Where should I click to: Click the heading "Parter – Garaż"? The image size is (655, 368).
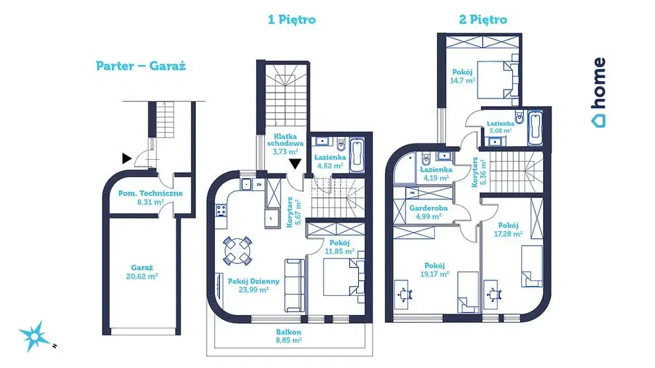tap(140, 66)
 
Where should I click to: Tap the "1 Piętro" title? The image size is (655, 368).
tap(292, 20)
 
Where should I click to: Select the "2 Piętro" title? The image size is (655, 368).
tap(483, 20)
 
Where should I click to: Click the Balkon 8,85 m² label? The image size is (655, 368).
tap(288, 336)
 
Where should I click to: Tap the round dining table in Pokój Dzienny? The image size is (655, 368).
tap(237, 249)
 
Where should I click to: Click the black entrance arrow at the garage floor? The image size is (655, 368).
tap(125, 157)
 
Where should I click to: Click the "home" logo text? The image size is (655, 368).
tap(598, 92)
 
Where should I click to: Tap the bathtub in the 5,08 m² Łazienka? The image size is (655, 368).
tap(535, 128)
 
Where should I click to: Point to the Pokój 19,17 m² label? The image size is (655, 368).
tap(435, 269)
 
